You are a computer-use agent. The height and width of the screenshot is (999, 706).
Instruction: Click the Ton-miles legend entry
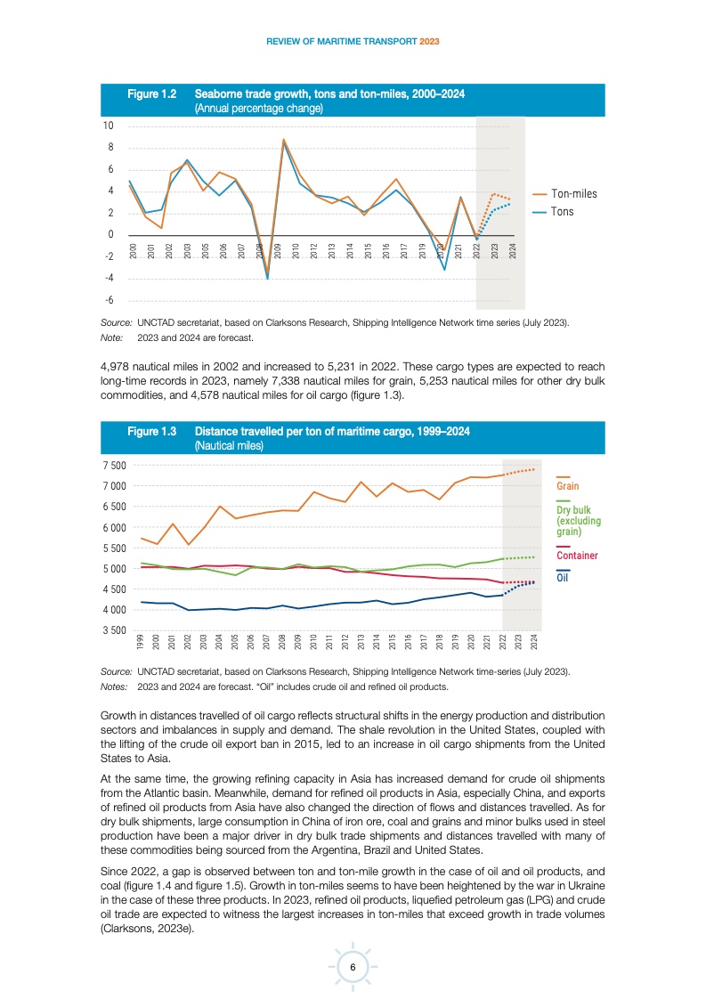[x=573, y=193]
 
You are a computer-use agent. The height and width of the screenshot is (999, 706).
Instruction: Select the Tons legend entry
[x=563, y=212]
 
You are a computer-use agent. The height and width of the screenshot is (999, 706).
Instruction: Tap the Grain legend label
[x=567, y=486]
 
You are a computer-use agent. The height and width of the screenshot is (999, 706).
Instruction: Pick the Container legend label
[x=577, y=556]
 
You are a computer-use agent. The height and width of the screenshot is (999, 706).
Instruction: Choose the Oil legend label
[x=562, y=577]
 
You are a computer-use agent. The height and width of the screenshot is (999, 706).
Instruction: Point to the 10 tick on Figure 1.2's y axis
[x=109, y=126]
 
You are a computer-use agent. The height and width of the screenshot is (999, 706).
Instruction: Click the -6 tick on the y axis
[x=110, y=300]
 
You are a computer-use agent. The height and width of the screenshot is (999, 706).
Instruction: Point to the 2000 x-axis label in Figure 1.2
[x=132, y=251]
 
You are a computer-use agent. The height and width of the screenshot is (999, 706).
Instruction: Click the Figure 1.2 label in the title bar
[x=152, y=93]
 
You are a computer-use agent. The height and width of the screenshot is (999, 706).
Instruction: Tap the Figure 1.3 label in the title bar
[x=152, y=432]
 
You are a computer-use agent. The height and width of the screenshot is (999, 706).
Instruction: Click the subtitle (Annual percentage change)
[x=258, y=108]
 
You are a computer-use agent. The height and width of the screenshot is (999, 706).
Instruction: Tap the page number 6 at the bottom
[x=353, y=968]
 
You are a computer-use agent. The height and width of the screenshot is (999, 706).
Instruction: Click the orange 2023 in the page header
[x=430, y=42]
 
